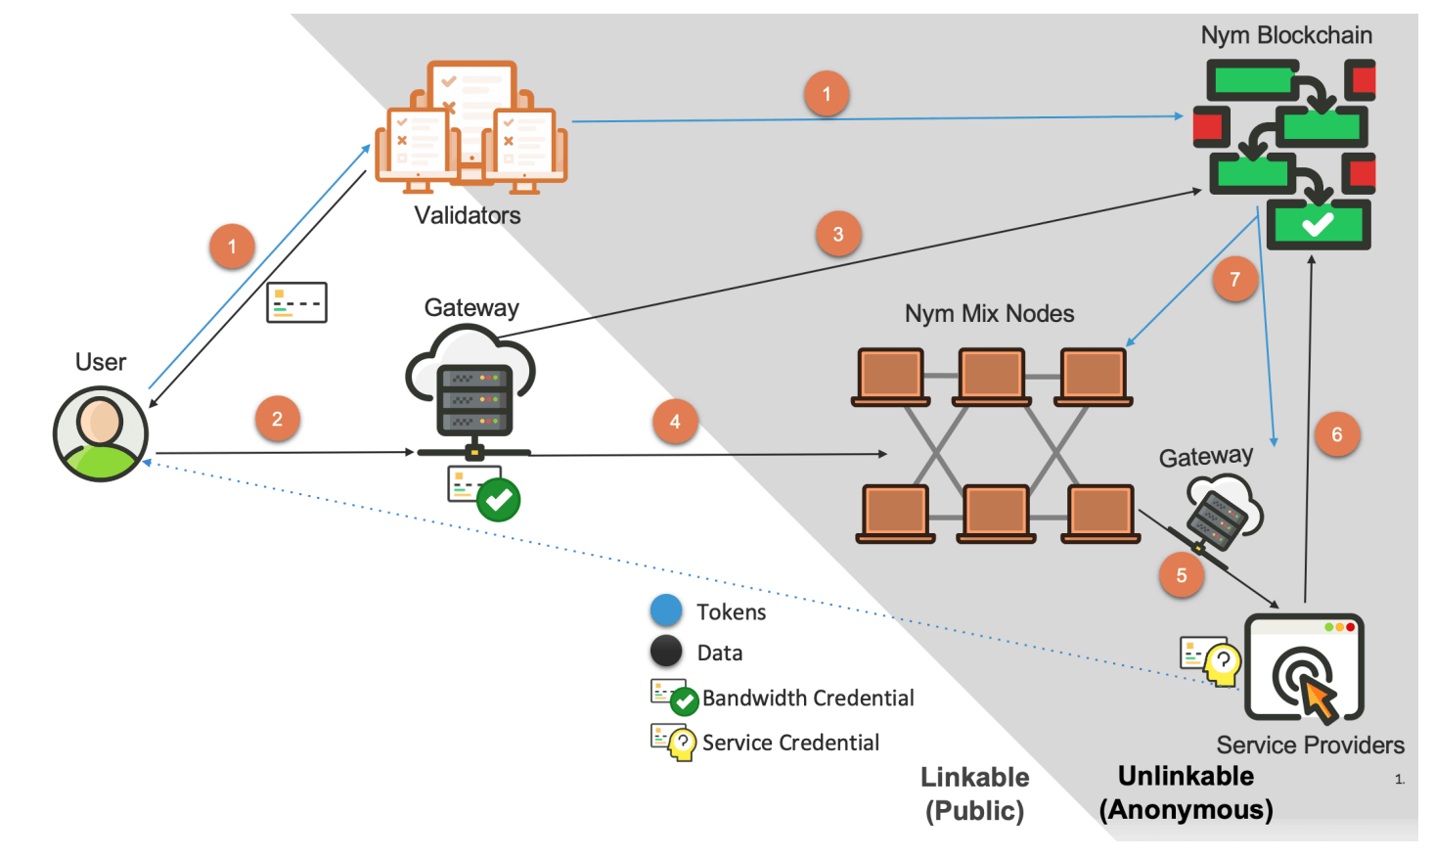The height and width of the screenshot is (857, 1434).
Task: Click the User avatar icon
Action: click(x=101, y=433)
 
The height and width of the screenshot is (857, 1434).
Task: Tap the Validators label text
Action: click(x=468, y=215)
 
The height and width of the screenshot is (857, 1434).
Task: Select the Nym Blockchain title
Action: click(x=1286, y=35)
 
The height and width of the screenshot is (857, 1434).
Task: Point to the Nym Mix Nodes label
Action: click(x=989, y=314)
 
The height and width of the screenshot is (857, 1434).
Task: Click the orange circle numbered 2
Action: click(x=277, y=419)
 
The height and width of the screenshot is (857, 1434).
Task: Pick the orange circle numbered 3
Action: click(x=838, y=234)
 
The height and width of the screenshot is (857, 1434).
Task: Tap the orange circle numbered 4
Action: click(x=675, y=422)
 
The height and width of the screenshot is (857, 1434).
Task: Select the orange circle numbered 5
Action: click(x=1181, y=575)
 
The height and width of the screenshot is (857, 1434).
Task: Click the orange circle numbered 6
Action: click(x=1337, y=434)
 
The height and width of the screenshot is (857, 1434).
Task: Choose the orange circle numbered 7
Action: click(x=1234, y=279)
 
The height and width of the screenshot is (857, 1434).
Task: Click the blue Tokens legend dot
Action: click(x=666, y=610)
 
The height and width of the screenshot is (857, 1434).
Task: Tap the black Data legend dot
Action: click(x=666, y=652)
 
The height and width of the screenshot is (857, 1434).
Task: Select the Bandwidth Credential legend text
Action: click(x=808, y=698)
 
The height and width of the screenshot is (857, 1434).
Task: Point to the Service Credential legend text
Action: click(x=790, y=743)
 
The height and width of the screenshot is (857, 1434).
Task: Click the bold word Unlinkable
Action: click(x=1186, y=776)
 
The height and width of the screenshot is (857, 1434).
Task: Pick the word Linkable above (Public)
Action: click(x=974, y=777)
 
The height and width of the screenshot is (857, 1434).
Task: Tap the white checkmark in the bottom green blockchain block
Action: click(x=1318, y=224)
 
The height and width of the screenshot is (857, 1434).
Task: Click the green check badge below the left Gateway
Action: click(x=498, y=500)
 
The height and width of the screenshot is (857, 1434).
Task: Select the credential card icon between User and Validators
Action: click(x=296, y=302)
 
